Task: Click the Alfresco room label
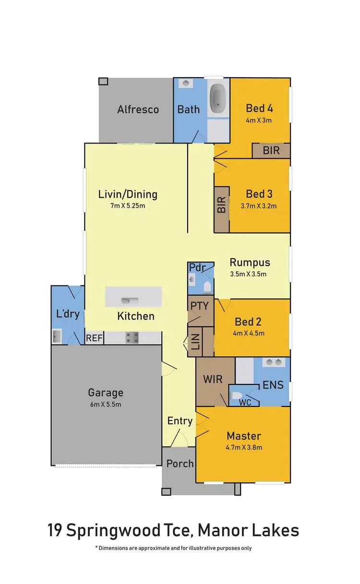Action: (138, 109)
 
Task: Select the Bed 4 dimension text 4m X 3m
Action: (259, 120)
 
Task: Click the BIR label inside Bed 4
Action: (271, 151)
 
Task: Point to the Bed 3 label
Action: (259, 194)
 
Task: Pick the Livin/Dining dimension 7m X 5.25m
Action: (128, 206)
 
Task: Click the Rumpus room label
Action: (250, 262)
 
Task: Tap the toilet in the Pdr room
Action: (207, 287)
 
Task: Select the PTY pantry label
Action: (199, 306)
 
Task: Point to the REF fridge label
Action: (94, 338)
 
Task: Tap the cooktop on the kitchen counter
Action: (132, 338)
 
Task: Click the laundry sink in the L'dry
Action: (57, 336)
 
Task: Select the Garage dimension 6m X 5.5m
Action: (106, 404)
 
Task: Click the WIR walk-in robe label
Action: (213, 379)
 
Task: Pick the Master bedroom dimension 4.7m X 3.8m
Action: (244, 447)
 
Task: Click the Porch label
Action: (180, 464)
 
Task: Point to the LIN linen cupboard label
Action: (195, 342)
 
